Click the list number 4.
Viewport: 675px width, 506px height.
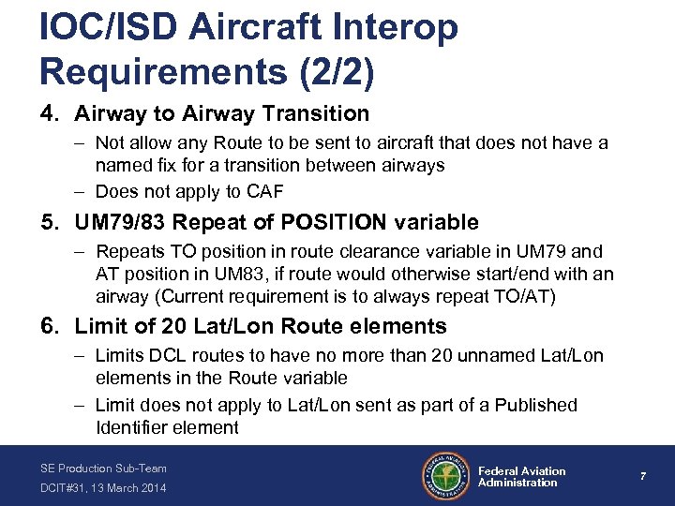click(47, 114)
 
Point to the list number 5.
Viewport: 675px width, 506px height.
click(47, 223)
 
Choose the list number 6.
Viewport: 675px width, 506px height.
click(47, 327)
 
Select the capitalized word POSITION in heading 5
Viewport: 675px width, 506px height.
click(322, 223)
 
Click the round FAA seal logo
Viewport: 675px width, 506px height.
click(446, 476)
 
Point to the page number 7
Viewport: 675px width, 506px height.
click(641, 477)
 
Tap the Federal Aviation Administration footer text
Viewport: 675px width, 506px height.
click(521, 477)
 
